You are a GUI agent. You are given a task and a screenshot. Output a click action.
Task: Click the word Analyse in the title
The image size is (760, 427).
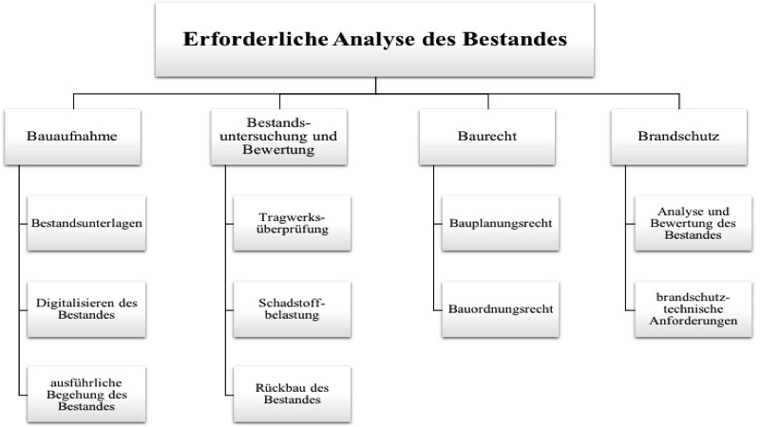coord(374,39)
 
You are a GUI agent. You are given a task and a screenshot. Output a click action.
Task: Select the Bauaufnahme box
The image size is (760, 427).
coord(73,137)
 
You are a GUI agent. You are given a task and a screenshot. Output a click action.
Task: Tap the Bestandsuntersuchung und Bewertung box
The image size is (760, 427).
coord(278,137)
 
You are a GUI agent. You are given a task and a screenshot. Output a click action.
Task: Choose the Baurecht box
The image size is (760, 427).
coord(487,137)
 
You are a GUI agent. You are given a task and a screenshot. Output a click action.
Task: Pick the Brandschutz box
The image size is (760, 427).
coord(678,137)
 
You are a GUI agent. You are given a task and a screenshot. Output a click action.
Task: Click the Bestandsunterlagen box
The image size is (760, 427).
coord(86,223)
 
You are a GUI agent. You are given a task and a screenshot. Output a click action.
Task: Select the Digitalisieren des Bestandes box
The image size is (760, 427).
coord(86,309)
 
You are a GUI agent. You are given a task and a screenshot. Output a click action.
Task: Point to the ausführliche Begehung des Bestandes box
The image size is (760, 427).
coord(86,394)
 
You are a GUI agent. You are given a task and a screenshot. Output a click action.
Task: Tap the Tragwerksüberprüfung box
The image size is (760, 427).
coord(292,223)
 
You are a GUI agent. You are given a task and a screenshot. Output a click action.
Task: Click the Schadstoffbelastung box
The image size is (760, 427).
coord(292,309)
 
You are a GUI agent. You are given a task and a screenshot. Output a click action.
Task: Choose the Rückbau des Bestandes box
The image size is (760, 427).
coord(292,394)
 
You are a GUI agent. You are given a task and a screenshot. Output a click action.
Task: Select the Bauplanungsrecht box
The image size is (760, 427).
coord(501,223)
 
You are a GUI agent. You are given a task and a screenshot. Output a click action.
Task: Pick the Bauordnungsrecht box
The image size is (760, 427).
coord(501,309)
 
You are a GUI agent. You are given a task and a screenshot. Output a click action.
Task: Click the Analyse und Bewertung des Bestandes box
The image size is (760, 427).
coord(693,223)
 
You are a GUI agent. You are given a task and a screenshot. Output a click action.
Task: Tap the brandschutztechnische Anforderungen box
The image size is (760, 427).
coord(693,309)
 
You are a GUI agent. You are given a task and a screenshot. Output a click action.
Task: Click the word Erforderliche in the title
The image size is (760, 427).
coord(256,39)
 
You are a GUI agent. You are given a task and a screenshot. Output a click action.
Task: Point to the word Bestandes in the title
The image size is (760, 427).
coord(514,39)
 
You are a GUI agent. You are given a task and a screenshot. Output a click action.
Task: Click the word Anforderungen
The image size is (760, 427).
coord(693,321)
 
